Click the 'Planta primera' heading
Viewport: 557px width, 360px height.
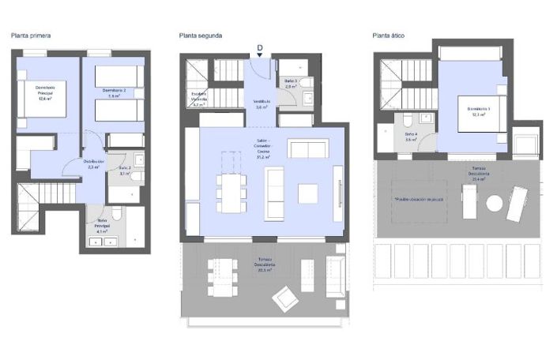pyautogui.click(x=32, y=36)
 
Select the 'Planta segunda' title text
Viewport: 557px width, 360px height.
pyautogui.click(x=200, y=36)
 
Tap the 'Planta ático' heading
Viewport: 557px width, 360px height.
pyautogui.click(x=389, y=36)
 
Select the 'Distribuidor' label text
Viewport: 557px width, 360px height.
pyautogui.click(x=94, y=163)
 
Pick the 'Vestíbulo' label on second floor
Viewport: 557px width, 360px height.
pyautogui.click(x=262, y=103)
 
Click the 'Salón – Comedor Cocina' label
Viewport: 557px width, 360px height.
pyautogui.click(x=259, y=149)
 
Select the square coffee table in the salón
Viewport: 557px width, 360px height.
pyautogui.click(x=307, y=193)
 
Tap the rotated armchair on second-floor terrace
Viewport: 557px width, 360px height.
pyautogui.click(x=286, y=298)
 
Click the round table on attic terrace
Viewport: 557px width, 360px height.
pyautogui.click(x=495, y=203)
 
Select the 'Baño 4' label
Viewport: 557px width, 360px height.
pyautogui.click(x=411, y=137)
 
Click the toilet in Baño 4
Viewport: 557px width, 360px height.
pyautogui.click(x=405, y=120)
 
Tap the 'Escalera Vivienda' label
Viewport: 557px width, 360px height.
pyautogui.click(x=199, y=98)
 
